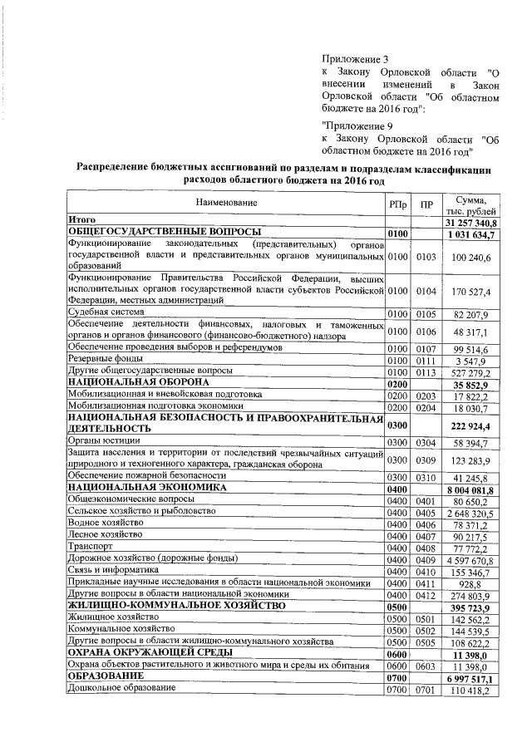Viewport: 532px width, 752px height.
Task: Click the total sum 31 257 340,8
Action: coord(470,222)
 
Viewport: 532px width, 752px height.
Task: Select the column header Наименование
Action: coord(226,203)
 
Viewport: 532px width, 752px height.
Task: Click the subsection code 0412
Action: coord(426,595)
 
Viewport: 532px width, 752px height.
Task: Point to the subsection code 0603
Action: coord(426,666)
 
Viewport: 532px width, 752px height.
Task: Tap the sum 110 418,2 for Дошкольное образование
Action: coord(472,691)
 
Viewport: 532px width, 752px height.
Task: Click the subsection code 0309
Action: coord(426,460)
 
